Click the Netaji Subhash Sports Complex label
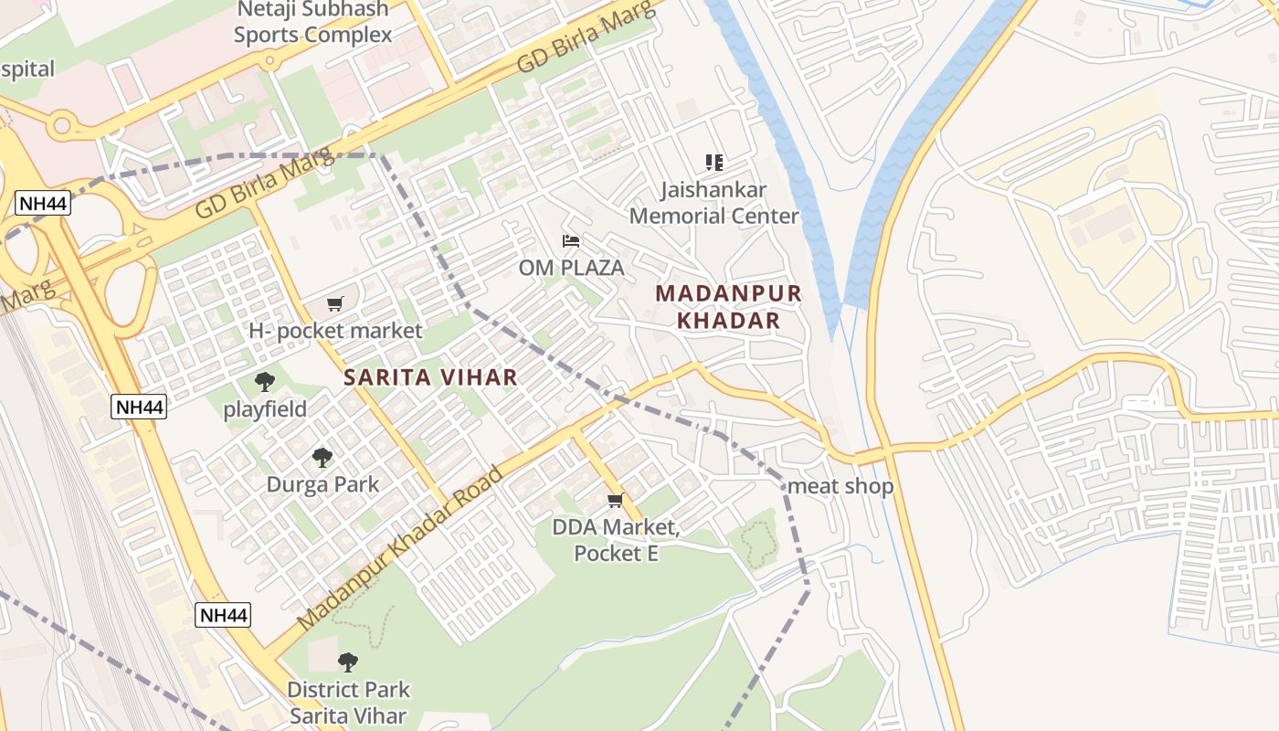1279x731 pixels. pos(312,23)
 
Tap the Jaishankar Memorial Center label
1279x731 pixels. pos(713,203)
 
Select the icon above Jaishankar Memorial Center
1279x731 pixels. pos(714,163)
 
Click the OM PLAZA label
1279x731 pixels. pos(571,268)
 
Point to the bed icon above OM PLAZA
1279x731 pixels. pos(571,241)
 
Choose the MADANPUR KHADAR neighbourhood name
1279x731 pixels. pos(728,307)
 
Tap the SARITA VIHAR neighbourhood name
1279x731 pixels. pos(430,376)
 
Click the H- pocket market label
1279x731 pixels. pos(335,331)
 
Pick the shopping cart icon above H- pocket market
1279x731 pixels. pos(335,303)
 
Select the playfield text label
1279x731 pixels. pos(265,409)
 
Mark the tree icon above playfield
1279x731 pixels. pos(265,382)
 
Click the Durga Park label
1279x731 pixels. pos(322,484)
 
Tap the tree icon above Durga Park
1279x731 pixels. pos(322,457)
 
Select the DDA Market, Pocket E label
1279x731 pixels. pos(616,540)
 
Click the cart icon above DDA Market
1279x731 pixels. pos(616,500)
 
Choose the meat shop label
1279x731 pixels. pos(840,486)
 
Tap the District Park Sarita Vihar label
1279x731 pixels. pos(348,703)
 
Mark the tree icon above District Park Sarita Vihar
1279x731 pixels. pos(347,662)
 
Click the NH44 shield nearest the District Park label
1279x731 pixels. pos(223,615)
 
